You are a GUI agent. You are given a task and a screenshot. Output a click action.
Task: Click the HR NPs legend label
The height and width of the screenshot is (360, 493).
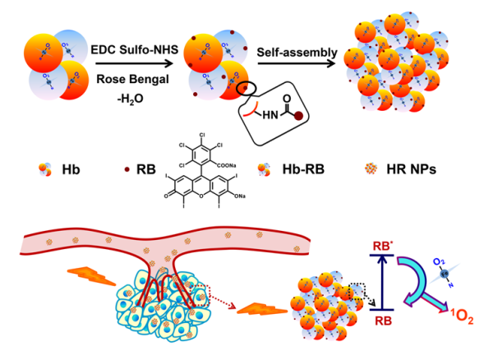tap(410, 173)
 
